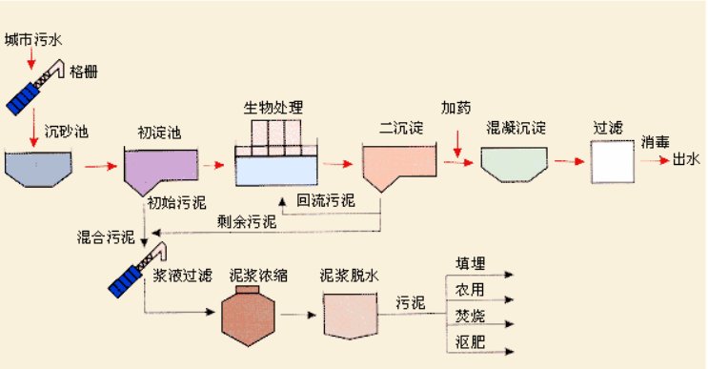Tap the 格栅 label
pos(83,72)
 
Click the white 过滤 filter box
pos(612,161)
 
